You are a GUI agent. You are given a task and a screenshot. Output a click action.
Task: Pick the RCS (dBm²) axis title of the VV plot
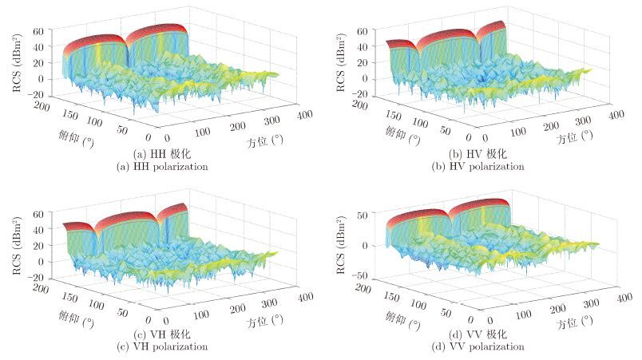tap(339, 245)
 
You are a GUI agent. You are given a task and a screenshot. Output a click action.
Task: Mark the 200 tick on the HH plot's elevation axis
tap(38, 107)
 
